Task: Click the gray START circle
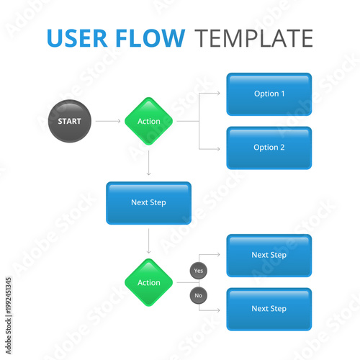coord(70,121)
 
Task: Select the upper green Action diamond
coord(149,121)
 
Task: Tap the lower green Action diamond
coord(149,283)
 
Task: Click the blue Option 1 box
coord(269,94)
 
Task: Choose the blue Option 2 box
coord(269,148)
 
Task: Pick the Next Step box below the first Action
coord(149,202)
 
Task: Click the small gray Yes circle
coord(199,271)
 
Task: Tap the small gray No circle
coord(199,295)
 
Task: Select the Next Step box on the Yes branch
coord(269,255)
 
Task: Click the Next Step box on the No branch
coord(269,309)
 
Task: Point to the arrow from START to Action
coord(108,121)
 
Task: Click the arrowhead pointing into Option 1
coord(220,94)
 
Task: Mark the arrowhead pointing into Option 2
coord(220,148)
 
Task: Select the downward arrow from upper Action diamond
coord(149,163)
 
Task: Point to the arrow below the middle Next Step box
coord(149,242)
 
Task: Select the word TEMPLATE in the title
coord(254,38)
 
